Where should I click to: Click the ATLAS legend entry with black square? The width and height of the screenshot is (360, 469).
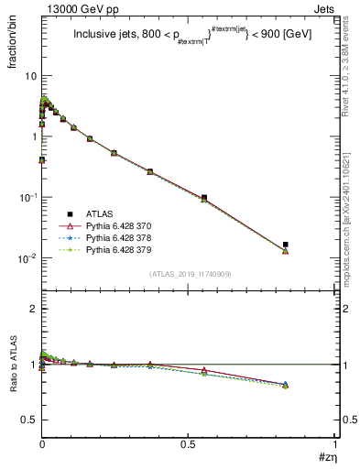93,212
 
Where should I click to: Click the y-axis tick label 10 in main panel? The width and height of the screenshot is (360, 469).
30,76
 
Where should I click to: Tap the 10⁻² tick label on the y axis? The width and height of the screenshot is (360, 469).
27,257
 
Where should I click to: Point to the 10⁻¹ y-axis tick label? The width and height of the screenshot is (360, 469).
27,197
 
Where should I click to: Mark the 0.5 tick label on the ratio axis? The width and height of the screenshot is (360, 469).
29,420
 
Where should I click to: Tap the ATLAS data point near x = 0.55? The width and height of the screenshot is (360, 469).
204,197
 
